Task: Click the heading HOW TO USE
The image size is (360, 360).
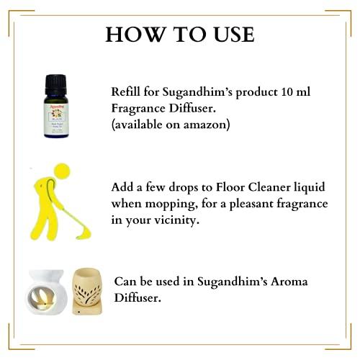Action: point(179,35)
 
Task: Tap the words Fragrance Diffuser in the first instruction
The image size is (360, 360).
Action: point(162,108)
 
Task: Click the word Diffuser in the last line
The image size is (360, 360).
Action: point(140,297)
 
